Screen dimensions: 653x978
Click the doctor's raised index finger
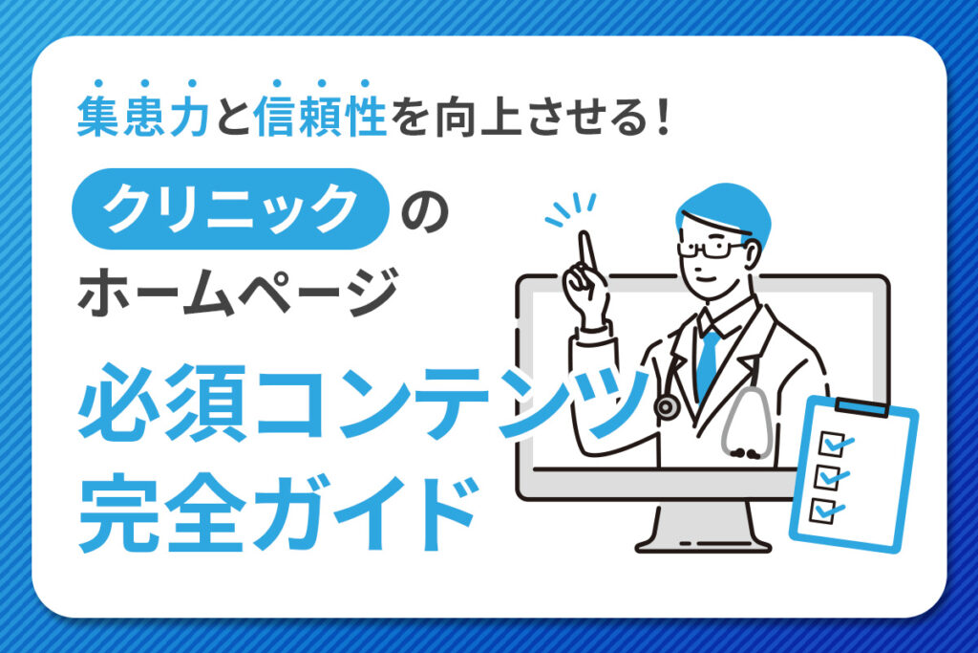click(587, 250)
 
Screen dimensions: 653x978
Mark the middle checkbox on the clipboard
click(827, 475)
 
